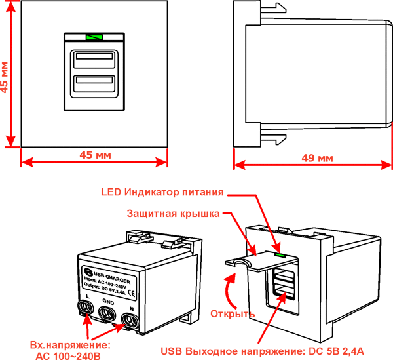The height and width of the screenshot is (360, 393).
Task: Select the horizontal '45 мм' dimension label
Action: [x=94, y=155]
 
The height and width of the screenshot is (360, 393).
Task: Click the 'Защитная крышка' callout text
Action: [x=174, y=214]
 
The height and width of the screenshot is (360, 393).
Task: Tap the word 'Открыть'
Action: [x=233, y=313]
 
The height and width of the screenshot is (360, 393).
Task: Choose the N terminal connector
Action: [x=130, y=321]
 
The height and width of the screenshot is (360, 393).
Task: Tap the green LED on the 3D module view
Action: [x=281, y=252]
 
